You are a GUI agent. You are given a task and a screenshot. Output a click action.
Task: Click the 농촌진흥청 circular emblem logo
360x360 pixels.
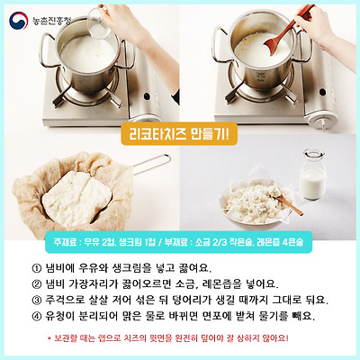[x=19, y=21]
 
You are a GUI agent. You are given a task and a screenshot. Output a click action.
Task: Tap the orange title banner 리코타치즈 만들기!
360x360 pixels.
[x=179, y=134]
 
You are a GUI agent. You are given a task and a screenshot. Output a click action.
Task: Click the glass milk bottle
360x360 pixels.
[x=313, y=174]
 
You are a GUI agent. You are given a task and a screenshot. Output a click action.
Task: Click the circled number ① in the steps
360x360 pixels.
[x=36, y=267]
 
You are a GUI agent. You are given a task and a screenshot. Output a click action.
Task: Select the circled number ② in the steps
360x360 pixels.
[x=36, y=283]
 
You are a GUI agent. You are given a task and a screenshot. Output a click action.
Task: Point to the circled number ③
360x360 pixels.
[x=36, y=300]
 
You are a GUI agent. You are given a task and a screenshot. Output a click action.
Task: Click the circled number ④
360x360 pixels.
[x=36, y=316]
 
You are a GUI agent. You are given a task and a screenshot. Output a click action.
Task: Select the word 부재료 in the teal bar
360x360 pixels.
[x=175, y=242]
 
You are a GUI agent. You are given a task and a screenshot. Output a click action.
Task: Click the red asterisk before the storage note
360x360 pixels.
[x=49, y=339]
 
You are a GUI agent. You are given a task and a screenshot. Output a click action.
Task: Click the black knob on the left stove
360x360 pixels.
[x=147, y=96]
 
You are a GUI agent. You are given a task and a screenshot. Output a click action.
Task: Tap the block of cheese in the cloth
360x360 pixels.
[x=76, y=198]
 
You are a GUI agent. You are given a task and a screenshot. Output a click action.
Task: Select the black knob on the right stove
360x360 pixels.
[x=322, y=92]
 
